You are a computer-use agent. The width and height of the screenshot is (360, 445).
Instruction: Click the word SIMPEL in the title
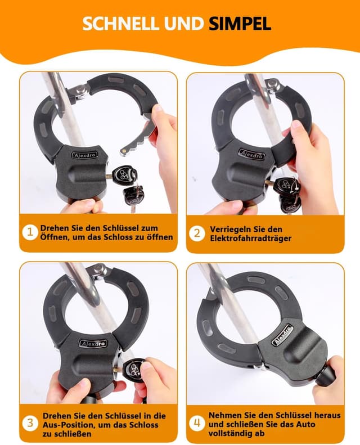240,23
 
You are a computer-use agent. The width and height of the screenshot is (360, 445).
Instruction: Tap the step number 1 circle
30,232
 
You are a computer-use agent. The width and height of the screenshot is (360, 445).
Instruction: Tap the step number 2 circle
196,232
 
